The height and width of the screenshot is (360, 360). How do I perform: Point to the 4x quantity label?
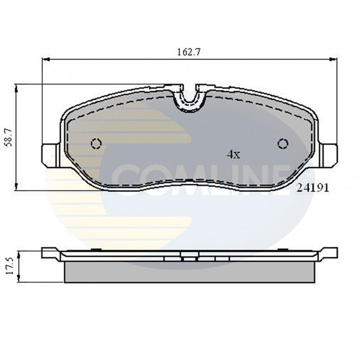[x=233, y=155]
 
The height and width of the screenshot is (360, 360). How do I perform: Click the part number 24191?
[x=313, y=188]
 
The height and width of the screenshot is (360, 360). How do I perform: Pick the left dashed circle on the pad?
[x=96, y=143]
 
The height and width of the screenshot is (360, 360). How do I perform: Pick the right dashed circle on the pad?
[x=282, y=143]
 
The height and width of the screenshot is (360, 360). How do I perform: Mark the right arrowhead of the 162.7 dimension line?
[x=334, y=59]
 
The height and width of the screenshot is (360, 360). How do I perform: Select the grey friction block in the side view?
[x=190, y=272]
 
